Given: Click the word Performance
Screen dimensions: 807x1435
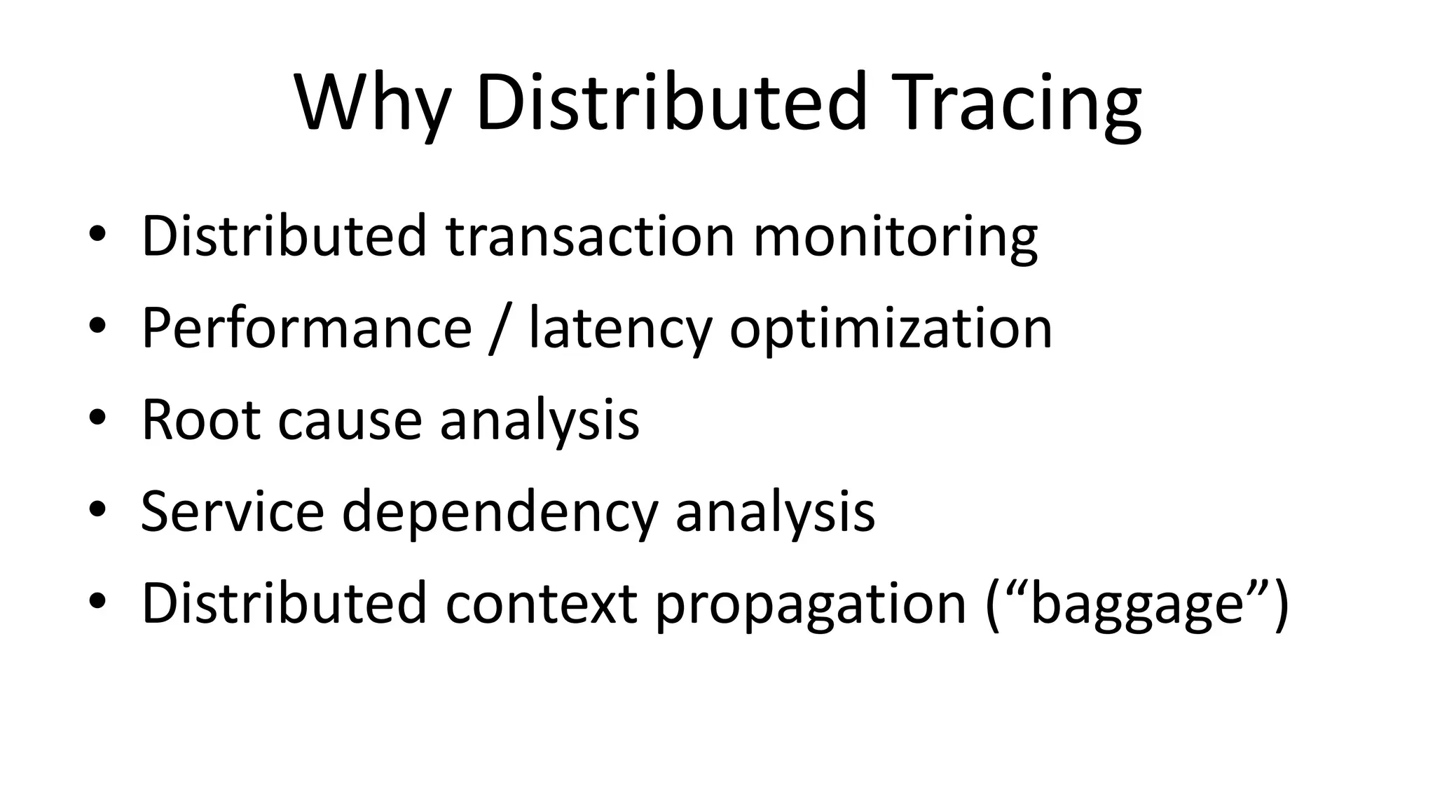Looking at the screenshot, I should click(x=307, y=328).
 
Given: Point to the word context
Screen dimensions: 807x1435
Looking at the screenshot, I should click(x=541, y=604).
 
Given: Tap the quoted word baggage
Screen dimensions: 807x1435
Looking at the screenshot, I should click(x=1136, y=604).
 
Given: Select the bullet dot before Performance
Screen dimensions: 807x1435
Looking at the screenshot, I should click(x=97, y=326).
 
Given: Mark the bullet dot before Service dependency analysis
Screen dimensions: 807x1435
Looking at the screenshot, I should click(x=97, y=509).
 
